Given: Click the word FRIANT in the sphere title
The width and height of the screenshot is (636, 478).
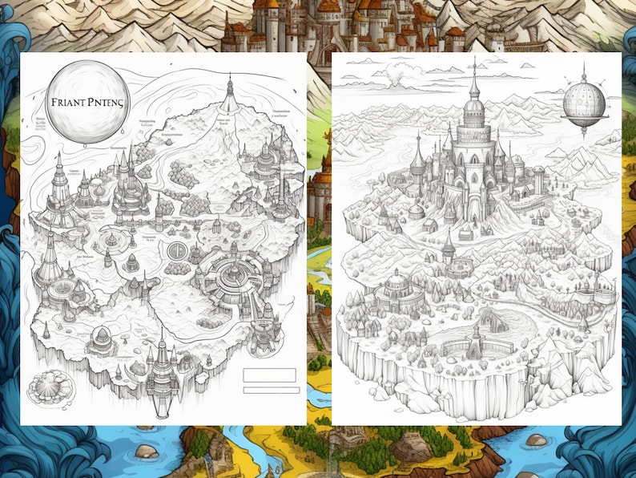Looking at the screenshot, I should [68, 103].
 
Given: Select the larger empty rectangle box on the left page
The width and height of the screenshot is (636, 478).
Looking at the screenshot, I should [269, 375].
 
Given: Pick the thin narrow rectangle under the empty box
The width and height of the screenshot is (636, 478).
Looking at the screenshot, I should [270, 390].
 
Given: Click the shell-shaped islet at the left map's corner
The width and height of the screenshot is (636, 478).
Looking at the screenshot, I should [46, 389].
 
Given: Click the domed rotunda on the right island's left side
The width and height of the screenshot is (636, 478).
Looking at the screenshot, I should [397, 286].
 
